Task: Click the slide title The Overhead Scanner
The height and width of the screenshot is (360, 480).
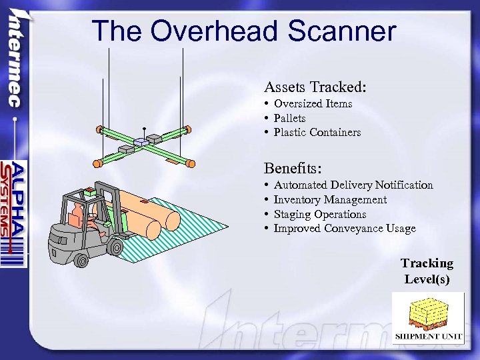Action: coord(243,31)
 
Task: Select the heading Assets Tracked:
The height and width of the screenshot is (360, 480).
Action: coord(315,87)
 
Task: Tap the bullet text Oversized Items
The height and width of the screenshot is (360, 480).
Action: coord(313,103)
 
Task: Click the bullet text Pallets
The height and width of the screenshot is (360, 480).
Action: coord(289,118)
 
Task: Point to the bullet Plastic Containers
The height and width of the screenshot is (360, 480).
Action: coord(317,133)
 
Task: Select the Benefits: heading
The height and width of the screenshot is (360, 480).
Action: coord(294,167)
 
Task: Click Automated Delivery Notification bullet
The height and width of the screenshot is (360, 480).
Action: coord(353,185)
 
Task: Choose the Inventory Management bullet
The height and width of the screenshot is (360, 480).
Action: coord(330,200)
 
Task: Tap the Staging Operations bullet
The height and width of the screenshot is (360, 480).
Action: coord(320,215)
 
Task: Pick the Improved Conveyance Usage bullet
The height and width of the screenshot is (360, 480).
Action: coord(344,229)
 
